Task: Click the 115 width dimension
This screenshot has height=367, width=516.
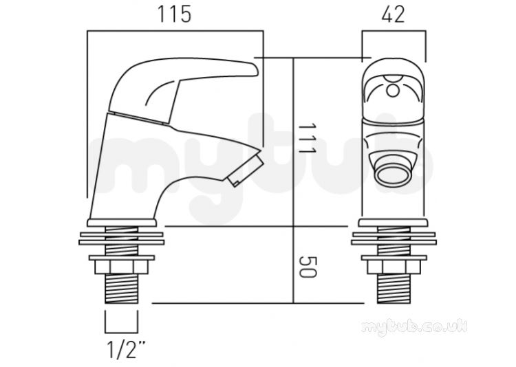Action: click(175, 14)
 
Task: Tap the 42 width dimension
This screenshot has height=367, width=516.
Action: click(394, 14)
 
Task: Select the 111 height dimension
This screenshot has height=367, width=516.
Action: click(307, 138)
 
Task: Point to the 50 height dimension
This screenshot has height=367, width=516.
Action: click(308, 267)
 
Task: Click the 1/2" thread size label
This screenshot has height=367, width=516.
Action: click(126, 350)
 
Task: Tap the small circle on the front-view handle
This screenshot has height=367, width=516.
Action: click(393, 91)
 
